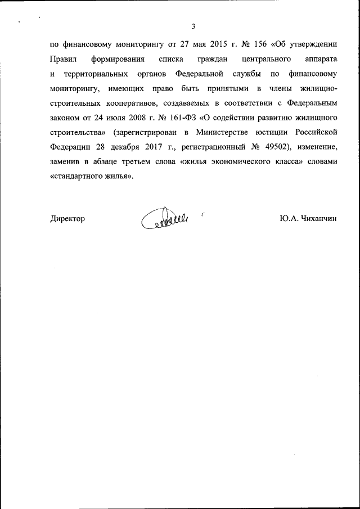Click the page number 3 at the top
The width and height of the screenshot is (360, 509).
tap(193, 26)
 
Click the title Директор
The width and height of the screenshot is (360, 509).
tap(67, 219)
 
